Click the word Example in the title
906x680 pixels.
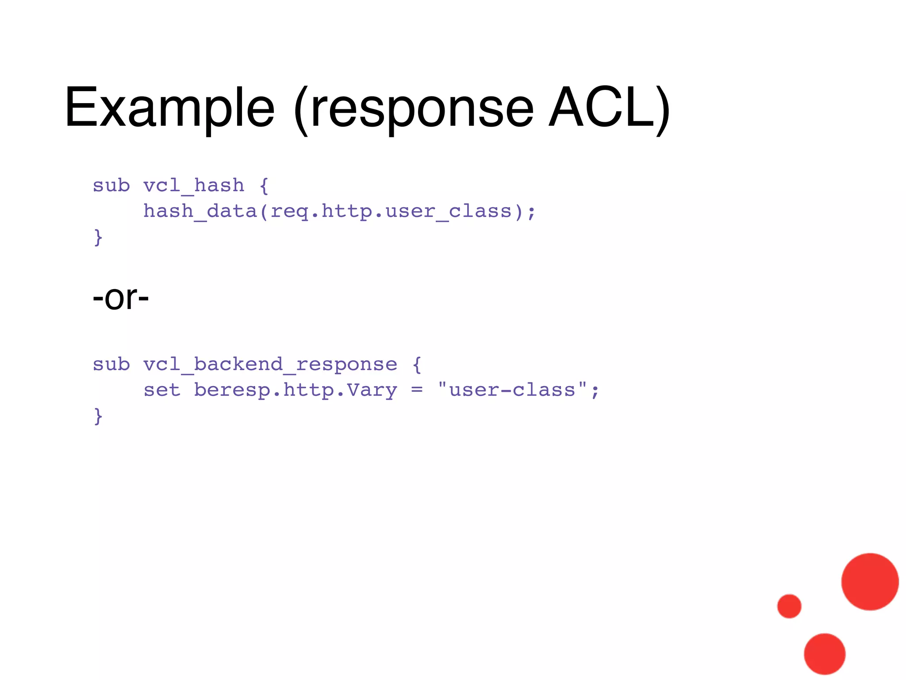(169, 108)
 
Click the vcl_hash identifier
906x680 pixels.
(194, 185)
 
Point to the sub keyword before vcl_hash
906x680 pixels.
(111, 185)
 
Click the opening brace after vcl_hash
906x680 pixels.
(264, 185)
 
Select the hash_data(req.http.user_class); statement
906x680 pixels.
(339, 211)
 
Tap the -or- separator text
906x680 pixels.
(120, 297)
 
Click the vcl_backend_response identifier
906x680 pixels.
(270, 364)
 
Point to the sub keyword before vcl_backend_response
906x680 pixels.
(111, 364)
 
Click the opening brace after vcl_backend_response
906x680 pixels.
(417, 364)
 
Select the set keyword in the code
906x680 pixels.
(162, 390)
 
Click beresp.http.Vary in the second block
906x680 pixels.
(296, 390)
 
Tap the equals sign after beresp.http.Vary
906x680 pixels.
(417, 390)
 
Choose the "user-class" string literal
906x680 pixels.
(512, 390)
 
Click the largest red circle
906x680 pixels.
(870, 582)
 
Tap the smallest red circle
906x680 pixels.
(789, 606)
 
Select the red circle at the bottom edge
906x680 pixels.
(825, 654)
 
